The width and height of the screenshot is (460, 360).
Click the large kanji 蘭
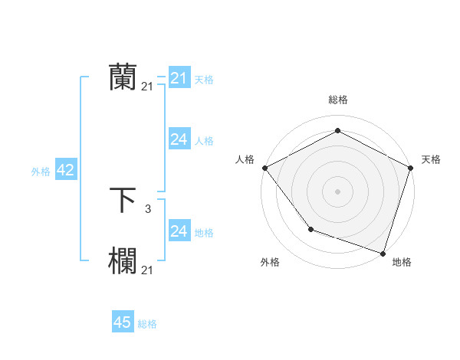[x=123, y=77]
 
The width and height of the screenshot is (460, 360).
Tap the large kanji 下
[x=123, y=200]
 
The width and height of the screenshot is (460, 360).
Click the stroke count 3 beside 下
[x=147, y=208]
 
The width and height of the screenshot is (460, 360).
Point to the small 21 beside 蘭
[x=147, y=87]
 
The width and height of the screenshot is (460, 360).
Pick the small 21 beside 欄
[x=147, y=270]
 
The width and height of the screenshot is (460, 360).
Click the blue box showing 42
[x=65, y=170]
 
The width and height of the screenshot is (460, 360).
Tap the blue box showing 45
[x=123, y=322]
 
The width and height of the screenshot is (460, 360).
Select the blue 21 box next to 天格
[x=179, y=78]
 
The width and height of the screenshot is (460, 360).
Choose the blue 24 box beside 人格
[x=179, y=139]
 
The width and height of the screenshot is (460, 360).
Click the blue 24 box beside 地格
[x=179, y=231]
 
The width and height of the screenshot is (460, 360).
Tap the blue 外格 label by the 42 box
[x=41, y=172]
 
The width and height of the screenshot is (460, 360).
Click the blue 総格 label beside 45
[x=147, y=324]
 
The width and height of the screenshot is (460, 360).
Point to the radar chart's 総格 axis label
[x=338, y=100]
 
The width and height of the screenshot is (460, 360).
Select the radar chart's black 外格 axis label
[x=270, y=262]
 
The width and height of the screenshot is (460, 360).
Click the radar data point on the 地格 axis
[x=383, y=253]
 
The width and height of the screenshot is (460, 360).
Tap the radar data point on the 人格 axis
[x=264, y=168]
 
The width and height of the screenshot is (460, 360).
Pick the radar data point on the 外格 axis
[x=310, y=229]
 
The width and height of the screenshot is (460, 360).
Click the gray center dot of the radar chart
[x=338, y=191]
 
